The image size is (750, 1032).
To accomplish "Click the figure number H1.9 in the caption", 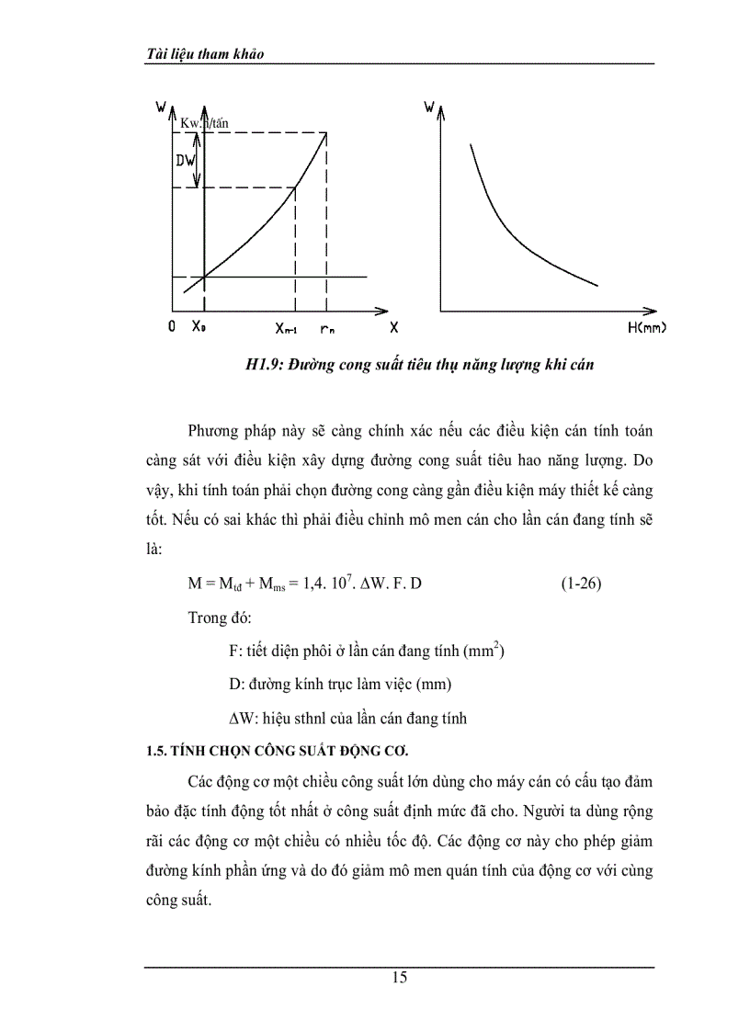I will point(264,366).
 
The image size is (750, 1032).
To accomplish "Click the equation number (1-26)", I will point(581,584).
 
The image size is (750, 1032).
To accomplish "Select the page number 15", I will point(400,978).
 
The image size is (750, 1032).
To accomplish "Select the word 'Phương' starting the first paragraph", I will point(214,431).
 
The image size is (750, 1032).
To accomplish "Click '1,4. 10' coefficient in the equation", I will point(324,584).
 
